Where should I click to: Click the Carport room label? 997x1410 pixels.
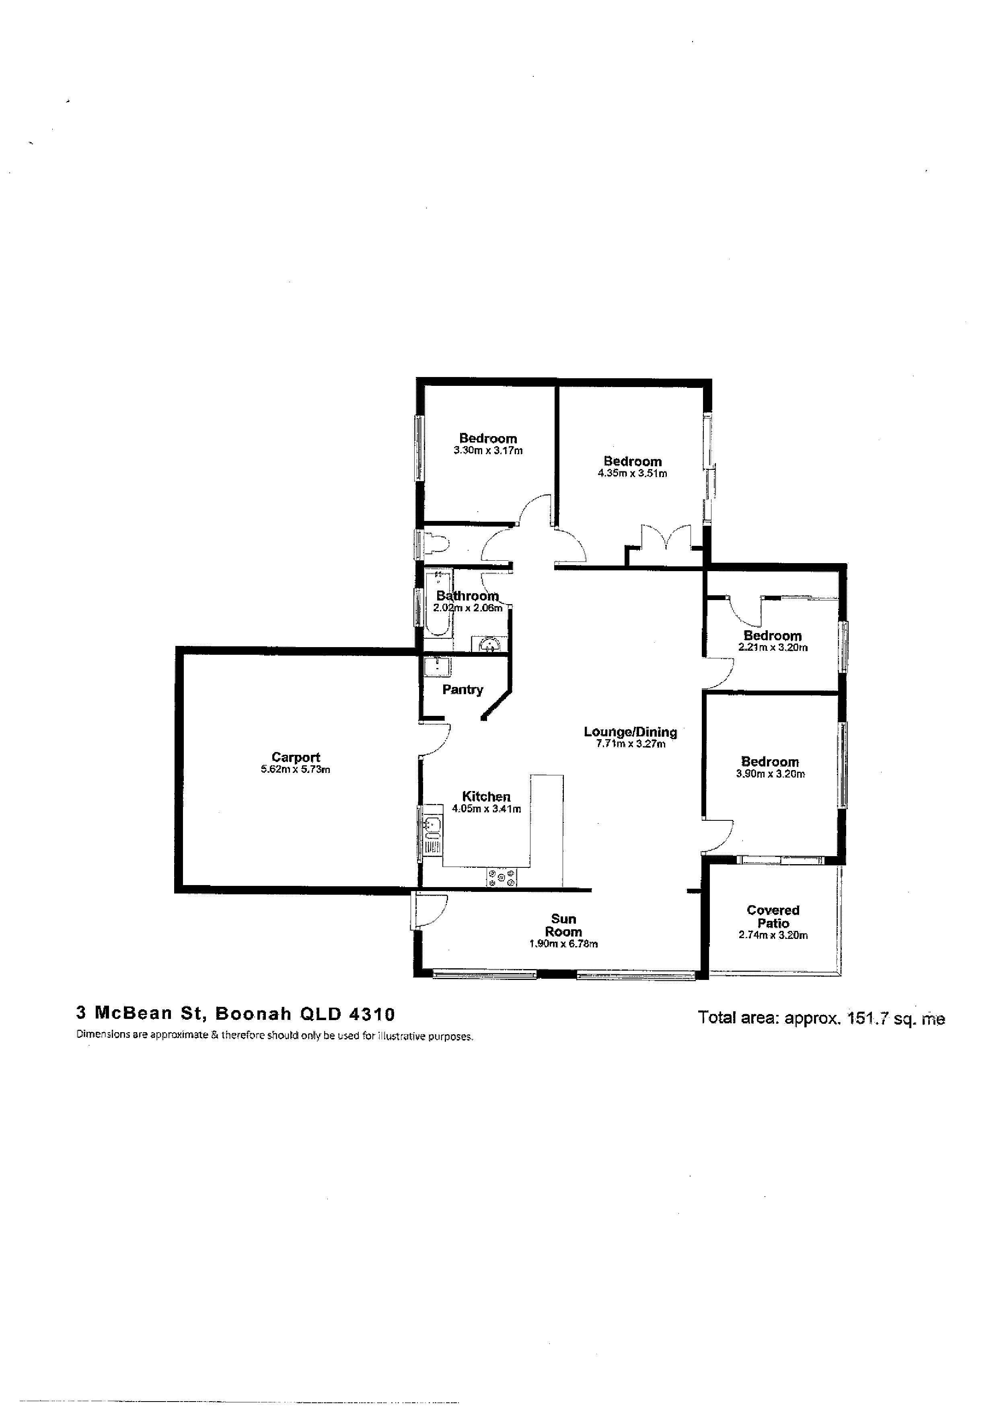tap(296, 757)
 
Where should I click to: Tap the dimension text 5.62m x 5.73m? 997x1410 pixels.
tap(296, 769)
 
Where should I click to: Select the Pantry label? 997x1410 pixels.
tap(463, 690)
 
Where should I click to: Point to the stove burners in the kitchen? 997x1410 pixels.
tap(502, 877)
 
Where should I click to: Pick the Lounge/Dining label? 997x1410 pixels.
tap(630, 732)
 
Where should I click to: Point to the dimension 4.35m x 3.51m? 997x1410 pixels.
tap(632, 473)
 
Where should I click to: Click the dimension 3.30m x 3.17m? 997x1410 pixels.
tap(488, 450)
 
